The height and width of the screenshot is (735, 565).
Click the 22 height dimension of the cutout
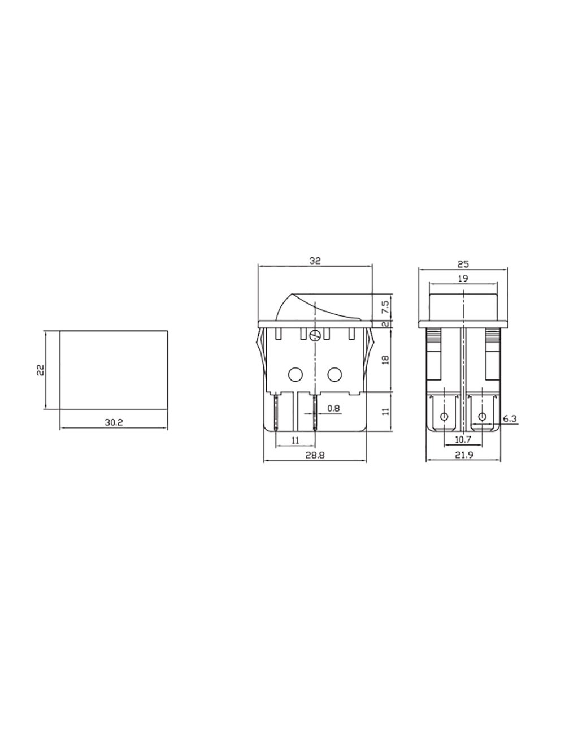tap(40, 370)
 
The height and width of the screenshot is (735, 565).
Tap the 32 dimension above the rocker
tap(315, 261)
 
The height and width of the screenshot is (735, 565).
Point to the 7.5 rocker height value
tap(385, 308)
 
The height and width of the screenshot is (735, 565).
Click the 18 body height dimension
tap(385, 360)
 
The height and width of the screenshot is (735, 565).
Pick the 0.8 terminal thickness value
tap(334, 408)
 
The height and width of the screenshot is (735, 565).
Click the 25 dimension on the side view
tap(463, 263)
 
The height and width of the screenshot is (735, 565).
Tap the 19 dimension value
tap(463, 278)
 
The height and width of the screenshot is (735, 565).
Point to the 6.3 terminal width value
tap(510, 418)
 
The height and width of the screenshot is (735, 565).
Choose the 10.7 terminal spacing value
tap(463, 439)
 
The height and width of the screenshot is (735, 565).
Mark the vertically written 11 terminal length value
tap(385, 410)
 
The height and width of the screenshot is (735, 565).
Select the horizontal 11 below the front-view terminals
tap(295, 439)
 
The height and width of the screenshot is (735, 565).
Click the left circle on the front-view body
tap(295, 374)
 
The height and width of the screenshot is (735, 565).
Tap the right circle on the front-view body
tap(334, 374)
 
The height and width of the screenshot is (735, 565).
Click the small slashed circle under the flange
tap(315, 335)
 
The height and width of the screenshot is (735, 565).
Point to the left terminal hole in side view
tap(444, 417)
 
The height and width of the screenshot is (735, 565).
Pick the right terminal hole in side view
tap(482, 417)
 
